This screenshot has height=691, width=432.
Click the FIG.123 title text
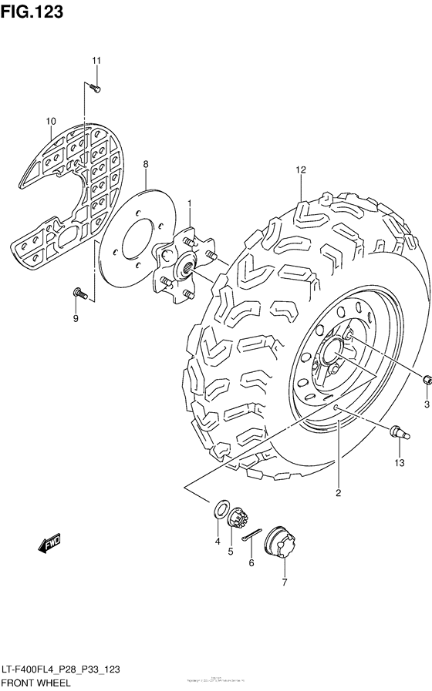point(32,13)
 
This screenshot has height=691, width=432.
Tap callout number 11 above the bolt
point(97,61)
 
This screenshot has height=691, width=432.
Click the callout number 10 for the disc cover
point(51,121)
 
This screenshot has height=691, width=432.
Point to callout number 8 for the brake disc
point(145,164)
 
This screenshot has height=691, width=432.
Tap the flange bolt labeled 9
point(79,293)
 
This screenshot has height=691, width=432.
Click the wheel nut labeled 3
point(426,379)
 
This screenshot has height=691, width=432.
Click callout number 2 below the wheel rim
point(338,492)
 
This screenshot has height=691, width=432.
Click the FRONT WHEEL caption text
point(36,683)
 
